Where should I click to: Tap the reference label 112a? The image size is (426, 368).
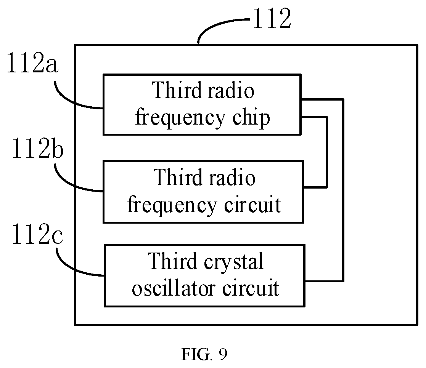tap(32, 63)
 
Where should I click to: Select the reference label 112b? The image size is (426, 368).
tap(37, 148)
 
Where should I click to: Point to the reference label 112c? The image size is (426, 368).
tap(37, 234)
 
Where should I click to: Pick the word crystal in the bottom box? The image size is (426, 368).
tap(233, 262)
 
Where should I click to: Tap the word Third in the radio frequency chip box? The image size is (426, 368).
tap(177, 90)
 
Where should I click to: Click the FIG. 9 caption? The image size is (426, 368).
tap(204, 354)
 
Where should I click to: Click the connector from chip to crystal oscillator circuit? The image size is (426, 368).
tap(343, 190)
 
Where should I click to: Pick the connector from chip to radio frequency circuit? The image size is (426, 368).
tap(326, 152)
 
